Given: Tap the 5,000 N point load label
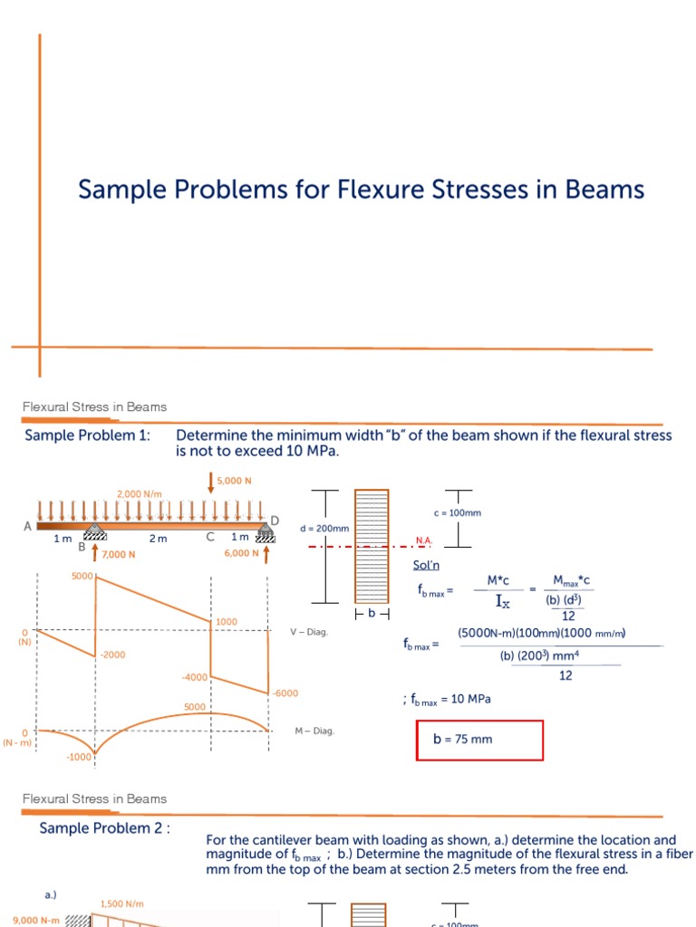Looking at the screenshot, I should tap(233, 481).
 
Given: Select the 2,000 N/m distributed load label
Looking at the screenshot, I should tap(139, 493).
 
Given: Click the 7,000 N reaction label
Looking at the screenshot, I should tap(118, 554).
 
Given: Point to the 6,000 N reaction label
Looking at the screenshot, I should tap(242, 553).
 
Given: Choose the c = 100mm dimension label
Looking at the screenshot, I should tap(457, 512).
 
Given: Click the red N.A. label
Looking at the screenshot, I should tap(423, 540).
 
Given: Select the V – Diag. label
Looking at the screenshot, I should tap(309, 632).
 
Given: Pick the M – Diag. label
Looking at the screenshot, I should tap(314, 731).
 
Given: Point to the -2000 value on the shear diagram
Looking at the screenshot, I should tap(112, 653).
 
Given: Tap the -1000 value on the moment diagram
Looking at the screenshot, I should tap(79, 756).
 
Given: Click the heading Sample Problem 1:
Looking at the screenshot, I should tap(87, 435).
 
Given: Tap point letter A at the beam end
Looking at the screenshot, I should tap(27, 526).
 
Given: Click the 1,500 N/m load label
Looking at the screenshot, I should tap(121, 903).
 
